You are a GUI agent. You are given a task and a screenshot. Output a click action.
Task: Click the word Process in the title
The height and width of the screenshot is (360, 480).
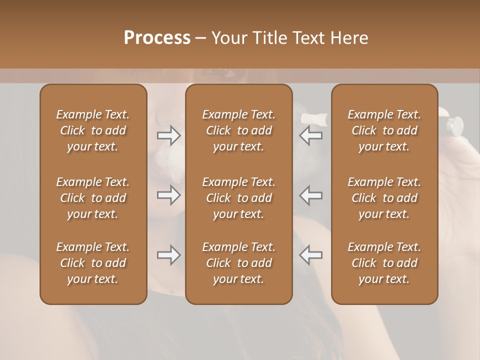tap(157, 37)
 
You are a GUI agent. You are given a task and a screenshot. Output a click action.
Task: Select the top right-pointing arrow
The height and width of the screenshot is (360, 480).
tap(169, 135)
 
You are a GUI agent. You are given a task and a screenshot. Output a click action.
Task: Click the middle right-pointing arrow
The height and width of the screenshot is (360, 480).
tap(169, 195)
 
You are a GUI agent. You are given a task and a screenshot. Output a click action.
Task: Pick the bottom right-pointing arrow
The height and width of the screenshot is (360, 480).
tap(169, 255)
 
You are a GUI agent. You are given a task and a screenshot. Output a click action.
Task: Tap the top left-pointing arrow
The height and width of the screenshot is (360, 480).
tap(310, 135)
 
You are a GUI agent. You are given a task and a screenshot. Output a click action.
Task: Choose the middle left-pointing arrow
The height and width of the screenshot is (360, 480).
tap(310, 195)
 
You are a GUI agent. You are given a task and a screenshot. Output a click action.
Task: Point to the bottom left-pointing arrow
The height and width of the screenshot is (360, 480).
tap(310, 255)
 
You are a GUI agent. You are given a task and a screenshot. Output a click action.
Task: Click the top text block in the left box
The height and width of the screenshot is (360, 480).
tap(93, 130)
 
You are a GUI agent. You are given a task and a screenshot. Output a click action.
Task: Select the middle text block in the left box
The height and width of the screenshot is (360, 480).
tap(93, 198)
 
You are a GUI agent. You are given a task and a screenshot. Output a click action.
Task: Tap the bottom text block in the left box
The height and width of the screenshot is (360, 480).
tap(93, 263)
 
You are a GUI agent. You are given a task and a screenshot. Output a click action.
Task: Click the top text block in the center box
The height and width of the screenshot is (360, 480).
tap(238, 130)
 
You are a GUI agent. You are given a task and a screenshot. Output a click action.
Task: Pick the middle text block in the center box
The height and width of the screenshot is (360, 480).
tap(238, 198)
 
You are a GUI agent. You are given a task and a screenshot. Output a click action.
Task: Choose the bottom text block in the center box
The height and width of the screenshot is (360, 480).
tap(238, 263)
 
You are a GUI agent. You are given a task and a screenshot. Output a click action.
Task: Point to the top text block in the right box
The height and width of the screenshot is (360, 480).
tap(384, 130)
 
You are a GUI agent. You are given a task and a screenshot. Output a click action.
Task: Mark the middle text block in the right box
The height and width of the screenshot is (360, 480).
tap(384, 198)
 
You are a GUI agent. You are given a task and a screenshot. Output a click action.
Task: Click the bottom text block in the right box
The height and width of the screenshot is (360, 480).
tap(384, 263)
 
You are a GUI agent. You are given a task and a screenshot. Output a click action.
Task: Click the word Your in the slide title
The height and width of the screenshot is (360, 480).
tap(228, 37)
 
